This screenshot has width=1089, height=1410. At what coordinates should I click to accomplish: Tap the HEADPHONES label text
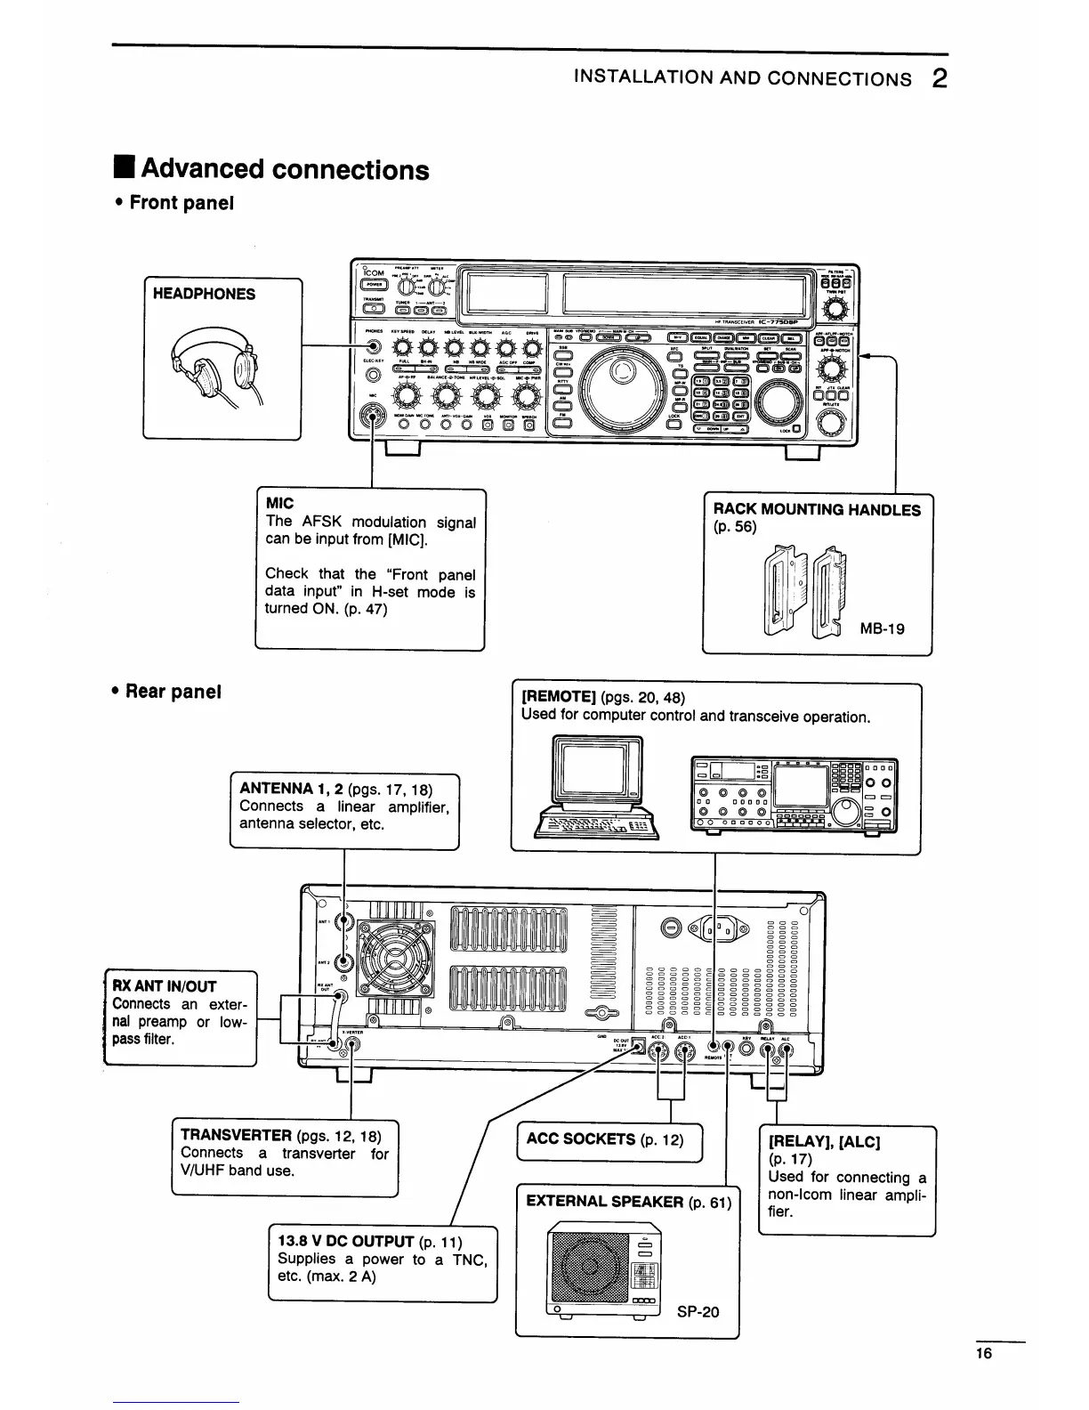click(x=204, y=295)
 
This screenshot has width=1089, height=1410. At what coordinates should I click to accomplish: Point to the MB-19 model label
click(x=882, y=628)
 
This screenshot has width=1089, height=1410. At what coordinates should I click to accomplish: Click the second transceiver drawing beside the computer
click(x=794, y=795)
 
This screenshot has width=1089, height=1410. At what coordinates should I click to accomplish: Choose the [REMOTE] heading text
click(x=558, y=696)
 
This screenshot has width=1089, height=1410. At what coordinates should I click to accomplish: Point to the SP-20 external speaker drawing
click(x=605, y=1270)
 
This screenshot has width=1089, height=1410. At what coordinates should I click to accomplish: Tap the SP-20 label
click(x=698, y=1311)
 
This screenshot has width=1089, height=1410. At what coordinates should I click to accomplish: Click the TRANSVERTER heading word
click(x=236, y=1135)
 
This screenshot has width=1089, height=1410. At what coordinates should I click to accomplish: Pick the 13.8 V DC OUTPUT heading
click(x=346, y=1242)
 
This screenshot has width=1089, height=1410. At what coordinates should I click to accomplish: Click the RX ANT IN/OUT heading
click(x=164, y=986)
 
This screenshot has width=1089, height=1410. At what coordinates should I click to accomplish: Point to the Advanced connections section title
click(x=285, y=169)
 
